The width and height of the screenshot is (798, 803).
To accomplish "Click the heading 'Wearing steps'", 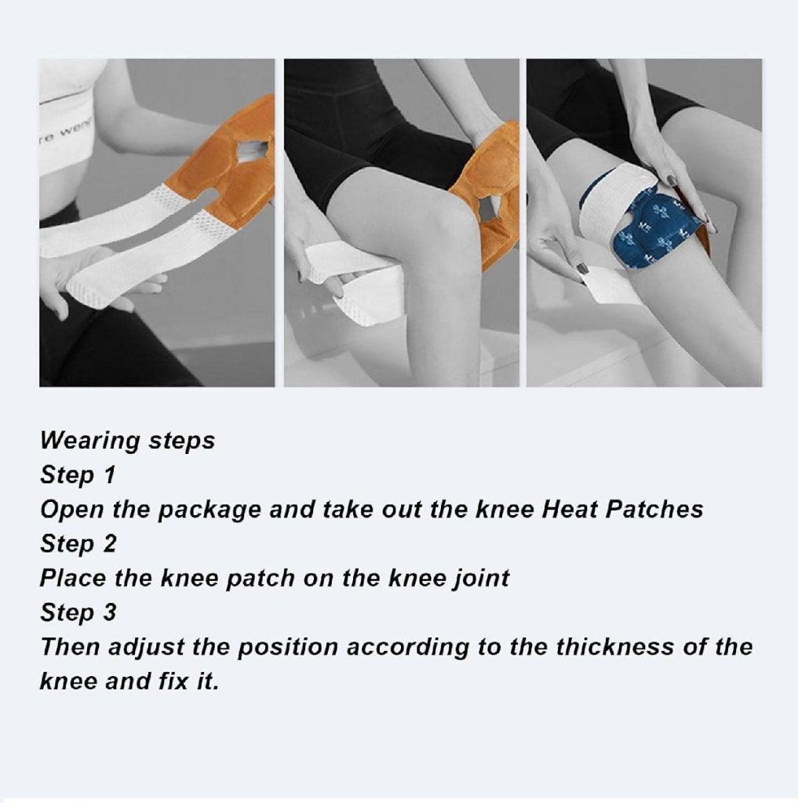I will click(127, 441).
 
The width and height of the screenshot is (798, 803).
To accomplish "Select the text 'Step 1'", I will click(78, 475).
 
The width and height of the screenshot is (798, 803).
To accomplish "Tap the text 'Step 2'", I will click(78, 544).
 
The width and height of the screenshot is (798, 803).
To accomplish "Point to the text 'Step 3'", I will click(78, 613).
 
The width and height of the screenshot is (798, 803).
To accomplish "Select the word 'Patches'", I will click(655, 510).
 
